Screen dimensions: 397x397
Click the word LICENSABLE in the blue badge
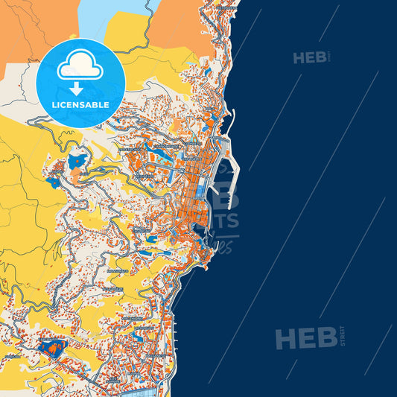coord(80,105)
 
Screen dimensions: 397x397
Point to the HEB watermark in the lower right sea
coord(305,338)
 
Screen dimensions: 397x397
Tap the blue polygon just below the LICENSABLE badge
coord(77,161)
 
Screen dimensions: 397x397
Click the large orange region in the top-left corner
coord(30,30)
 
